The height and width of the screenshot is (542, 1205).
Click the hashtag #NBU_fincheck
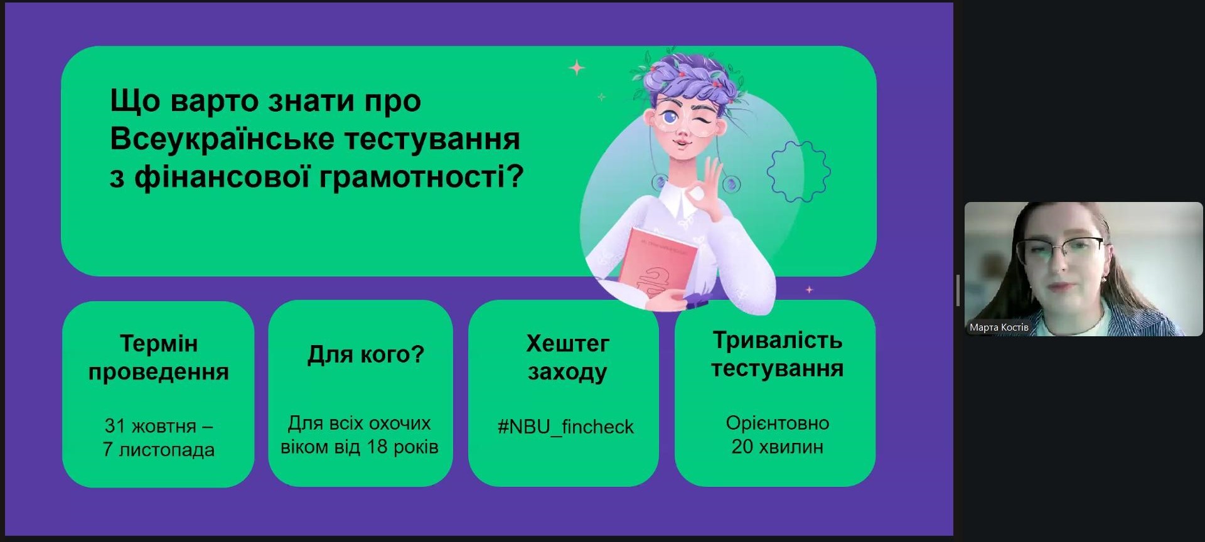coord(565,427)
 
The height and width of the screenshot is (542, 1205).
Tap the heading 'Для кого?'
coord(366,355)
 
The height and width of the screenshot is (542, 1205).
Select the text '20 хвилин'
coord(777,447)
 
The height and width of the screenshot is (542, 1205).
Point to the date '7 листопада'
coord(159,450)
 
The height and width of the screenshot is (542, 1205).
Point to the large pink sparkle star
coord(577,67)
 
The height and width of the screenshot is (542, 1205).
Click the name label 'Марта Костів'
coord(999,327)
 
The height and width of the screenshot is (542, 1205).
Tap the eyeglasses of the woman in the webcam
coord(1060,250)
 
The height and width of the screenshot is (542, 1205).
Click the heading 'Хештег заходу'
coord(567,358)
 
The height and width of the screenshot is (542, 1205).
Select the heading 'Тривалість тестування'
coord(777,354)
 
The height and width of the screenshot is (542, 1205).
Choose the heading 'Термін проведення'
coord(159,358)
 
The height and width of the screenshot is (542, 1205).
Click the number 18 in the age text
coord(377,447)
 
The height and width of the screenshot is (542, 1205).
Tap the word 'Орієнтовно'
coord(778,423)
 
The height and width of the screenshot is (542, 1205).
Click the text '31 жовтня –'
coord(159,426)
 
